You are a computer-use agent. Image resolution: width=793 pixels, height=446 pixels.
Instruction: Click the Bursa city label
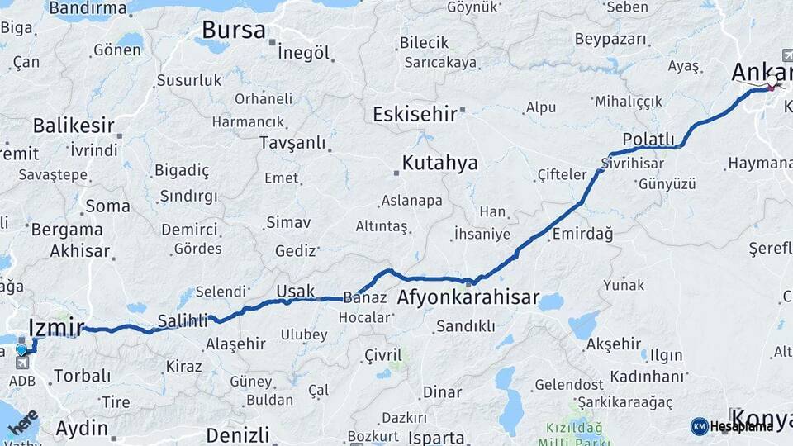point(234,31)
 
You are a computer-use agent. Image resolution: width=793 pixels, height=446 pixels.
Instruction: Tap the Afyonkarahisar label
point(468,297)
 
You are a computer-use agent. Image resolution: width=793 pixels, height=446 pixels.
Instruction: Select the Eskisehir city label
point(415,114)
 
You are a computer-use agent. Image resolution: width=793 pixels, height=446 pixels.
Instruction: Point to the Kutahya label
point(439,163)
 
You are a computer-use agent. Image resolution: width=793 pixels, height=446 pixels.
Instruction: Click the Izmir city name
point(55,328)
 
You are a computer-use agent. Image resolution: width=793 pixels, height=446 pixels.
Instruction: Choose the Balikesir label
point(74,126)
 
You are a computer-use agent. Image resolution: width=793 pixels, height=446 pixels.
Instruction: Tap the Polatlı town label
point(648,139)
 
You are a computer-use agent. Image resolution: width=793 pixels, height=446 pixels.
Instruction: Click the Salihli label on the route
point(182,322)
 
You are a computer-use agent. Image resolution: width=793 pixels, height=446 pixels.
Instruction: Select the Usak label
point(295,291)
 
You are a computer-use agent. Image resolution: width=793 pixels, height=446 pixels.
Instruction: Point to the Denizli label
point(238,434)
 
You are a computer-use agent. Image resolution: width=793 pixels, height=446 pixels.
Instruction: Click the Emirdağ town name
point(583,234)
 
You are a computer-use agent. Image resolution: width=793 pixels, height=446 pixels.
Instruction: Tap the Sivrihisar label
point(633,163)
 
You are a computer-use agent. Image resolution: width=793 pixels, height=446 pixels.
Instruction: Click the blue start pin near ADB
point(21,350)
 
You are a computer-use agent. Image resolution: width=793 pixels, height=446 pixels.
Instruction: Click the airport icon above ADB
point(21,363)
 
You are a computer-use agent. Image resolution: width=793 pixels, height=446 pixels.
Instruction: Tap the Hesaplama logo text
point(742,426)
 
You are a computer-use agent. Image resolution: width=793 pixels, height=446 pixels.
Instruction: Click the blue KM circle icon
point(699,426)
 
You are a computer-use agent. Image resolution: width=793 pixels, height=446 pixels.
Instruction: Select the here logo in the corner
point(22,423)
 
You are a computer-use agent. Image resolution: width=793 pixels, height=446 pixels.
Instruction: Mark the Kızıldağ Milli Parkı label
point(573,434)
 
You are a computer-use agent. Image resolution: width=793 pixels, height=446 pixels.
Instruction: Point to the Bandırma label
point(88,8)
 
